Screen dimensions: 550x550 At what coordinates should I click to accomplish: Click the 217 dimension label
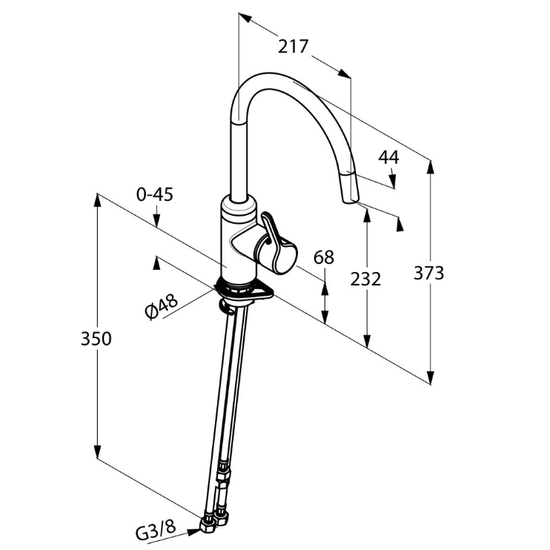[293, 47]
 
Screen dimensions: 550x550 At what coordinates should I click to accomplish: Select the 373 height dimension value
[428, 273]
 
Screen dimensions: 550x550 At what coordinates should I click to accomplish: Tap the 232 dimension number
[365, 279]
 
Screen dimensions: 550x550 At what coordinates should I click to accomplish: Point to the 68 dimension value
[324, 257]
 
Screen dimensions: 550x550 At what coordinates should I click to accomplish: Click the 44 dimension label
[388, 157]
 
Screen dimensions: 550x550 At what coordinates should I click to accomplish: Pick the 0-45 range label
[155, 194]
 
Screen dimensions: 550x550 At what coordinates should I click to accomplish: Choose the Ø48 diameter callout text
[162, 307]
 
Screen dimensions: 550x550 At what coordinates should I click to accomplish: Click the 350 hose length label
[96, 339]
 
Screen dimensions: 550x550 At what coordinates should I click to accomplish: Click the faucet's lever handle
[272, 242]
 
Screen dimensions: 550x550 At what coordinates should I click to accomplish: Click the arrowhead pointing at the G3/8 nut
[194, 531]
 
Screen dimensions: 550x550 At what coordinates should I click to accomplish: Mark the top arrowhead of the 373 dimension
[431, 167]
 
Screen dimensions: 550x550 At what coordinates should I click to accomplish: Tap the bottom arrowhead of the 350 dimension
[97, 451]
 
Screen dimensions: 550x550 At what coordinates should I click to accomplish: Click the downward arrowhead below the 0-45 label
[156, 220]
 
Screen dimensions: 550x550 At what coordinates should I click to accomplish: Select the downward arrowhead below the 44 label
[393, 182]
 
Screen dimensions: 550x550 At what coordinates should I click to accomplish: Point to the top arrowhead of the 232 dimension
[367, 215]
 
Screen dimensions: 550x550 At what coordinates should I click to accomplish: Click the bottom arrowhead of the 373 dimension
[431, 377]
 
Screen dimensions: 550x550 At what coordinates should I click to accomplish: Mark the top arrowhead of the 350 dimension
[97, 201]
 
